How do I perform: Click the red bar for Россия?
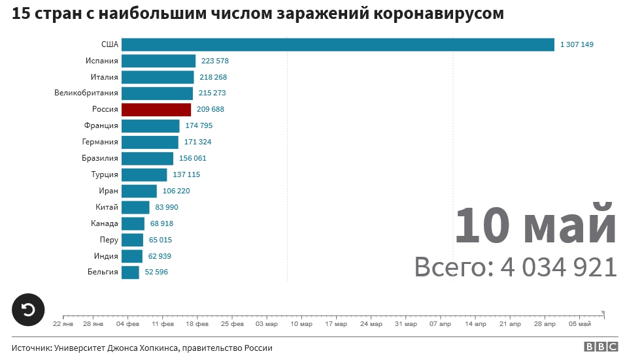point(156,110)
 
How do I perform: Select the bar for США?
point(338,44)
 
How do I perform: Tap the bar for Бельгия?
point(130,272)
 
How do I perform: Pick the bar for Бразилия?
point(147,159)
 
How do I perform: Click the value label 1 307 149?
point(577,45)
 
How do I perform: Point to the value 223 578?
point(215,61)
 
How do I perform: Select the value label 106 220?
point(176,191)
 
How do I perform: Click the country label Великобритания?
point(86,93)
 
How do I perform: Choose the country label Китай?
point(107,208)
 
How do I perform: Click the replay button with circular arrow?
point(29,310)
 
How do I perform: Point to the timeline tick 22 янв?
point(63,323)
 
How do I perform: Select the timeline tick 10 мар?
point(301,323)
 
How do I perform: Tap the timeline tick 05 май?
point(580,323)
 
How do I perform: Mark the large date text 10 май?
point(535,225)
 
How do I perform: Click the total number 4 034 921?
point(558,267)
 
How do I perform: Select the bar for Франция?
point(150,126)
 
